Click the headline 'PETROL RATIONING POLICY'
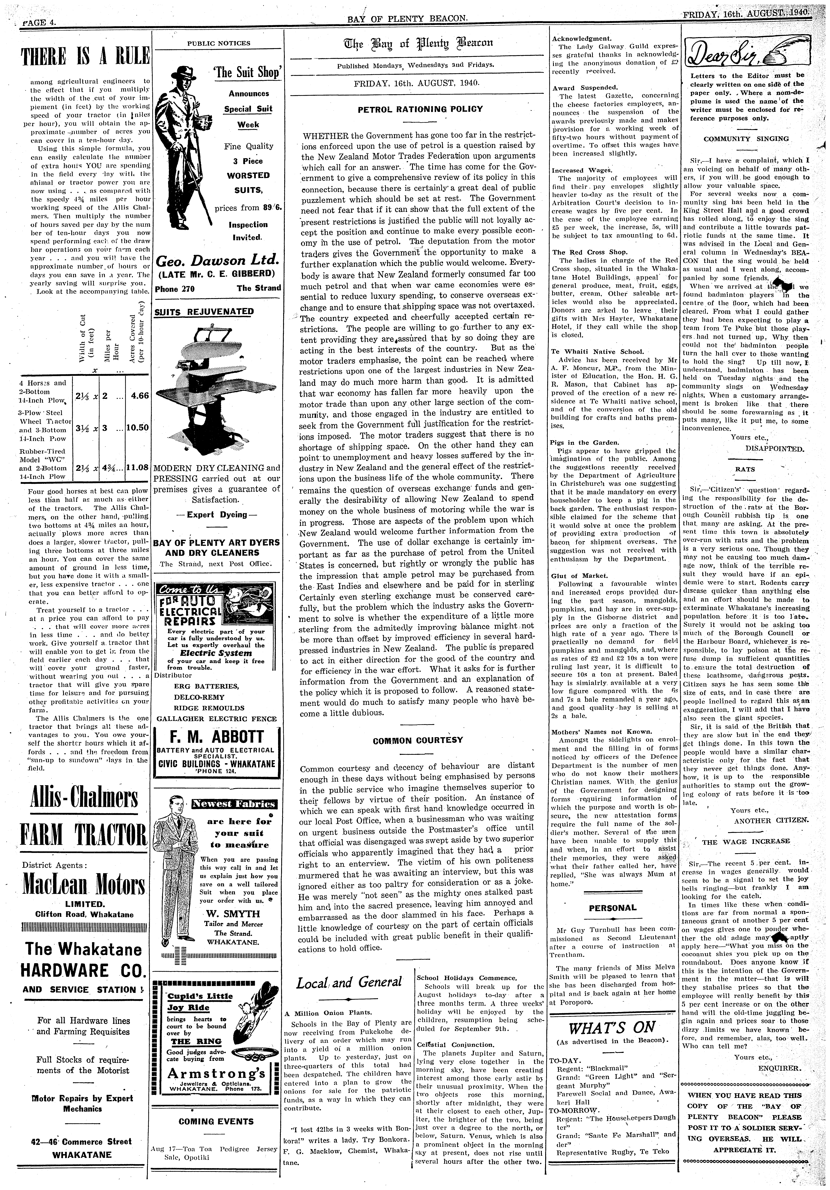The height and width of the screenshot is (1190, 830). [420, 109]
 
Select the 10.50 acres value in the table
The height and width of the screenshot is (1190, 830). [138, 428]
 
